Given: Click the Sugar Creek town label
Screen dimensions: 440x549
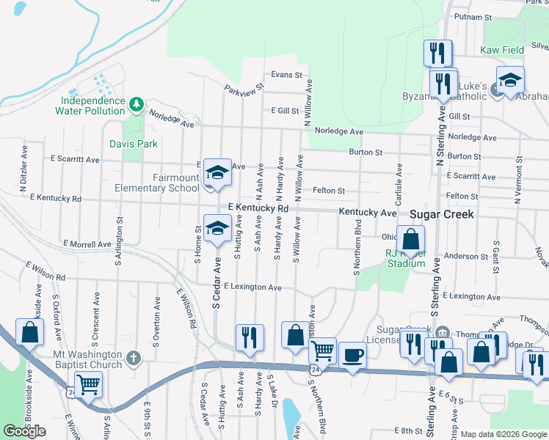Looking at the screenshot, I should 442,214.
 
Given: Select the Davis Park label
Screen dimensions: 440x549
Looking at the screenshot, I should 134,144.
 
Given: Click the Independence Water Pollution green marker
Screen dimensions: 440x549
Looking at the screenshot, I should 136,105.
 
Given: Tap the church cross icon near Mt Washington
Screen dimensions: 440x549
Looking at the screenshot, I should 132,359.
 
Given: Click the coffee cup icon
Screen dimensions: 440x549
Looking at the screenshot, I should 352,355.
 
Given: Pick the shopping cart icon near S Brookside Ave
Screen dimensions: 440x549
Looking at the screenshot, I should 88,383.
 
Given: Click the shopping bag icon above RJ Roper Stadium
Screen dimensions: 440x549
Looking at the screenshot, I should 411,238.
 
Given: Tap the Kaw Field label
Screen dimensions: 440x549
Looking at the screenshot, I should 502,50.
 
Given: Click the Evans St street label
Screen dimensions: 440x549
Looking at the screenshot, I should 286,75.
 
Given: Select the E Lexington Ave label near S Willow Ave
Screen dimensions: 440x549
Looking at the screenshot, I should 253,287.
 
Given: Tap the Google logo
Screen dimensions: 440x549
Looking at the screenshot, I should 24,431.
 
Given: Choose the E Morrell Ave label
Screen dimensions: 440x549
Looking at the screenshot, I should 86,243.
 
